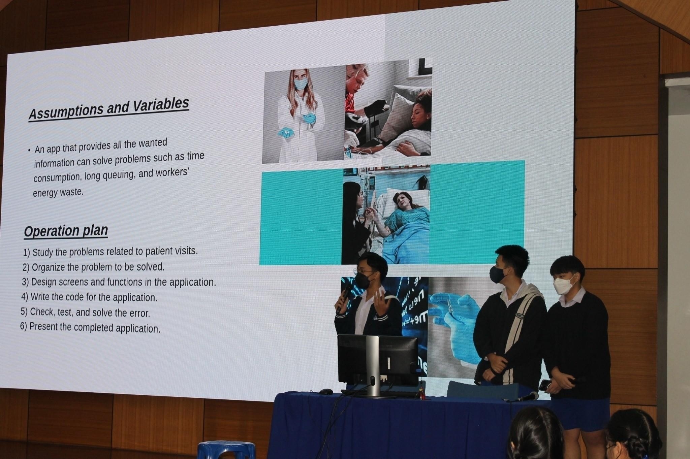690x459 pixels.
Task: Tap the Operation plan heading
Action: click(66, 231)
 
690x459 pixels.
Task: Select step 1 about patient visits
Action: click(111, 252)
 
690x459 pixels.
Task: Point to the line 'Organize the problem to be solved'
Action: click(93, 267)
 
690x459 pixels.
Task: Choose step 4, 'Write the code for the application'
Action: click(89, 297)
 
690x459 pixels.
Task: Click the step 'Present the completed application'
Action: click(90, 327)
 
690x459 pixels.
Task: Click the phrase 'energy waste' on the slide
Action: click(58, 192)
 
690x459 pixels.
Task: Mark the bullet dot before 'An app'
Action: click(30, 150)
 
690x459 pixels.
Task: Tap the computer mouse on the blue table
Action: click(326, 392)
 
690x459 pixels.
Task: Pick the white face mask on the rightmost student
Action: click(563, 286)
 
